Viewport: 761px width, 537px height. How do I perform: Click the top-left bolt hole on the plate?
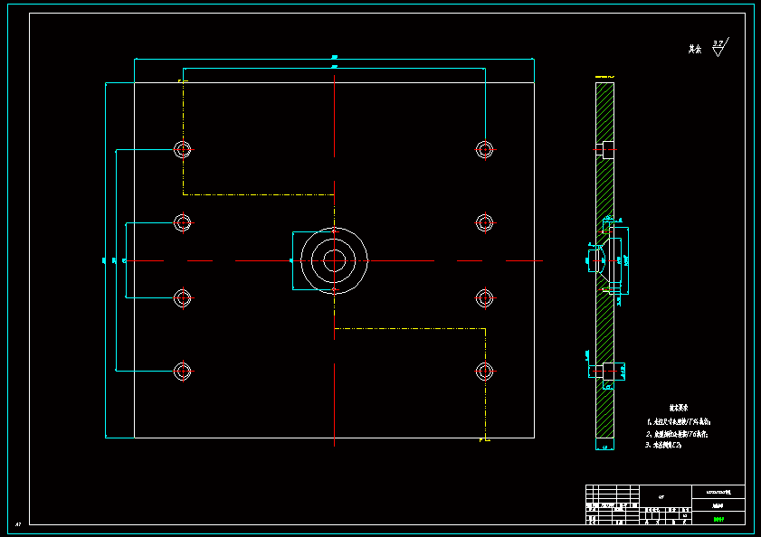[x=183, y=149]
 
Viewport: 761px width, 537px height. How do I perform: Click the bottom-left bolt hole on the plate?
[x=183, y=370]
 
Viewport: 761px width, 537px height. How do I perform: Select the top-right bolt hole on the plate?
[x=485, y=148]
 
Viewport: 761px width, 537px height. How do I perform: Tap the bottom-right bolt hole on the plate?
[x=485, y=370]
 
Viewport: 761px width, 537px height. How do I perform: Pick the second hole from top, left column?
[x=183, y=221]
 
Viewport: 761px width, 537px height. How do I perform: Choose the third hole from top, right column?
[x=485, y=297]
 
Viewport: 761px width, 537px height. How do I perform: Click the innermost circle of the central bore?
[x=334, y=260]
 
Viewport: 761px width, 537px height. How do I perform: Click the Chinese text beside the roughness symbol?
[x=695, y=50]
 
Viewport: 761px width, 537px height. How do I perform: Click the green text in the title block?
[x=718, y=519]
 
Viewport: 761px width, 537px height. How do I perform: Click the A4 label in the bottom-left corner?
[x=18, y=523]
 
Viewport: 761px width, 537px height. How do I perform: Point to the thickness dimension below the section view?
[x=604, y=447]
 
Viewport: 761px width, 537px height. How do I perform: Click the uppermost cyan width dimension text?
[x=335, y=57]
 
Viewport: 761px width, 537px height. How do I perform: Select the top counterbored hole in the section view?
[x=606, y=148]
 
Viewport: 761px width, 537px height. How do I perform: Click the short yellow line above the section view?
[x=604, y=75]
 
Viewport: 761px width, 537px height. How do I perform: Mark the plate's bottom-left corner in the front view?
[x=134, y=438]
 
